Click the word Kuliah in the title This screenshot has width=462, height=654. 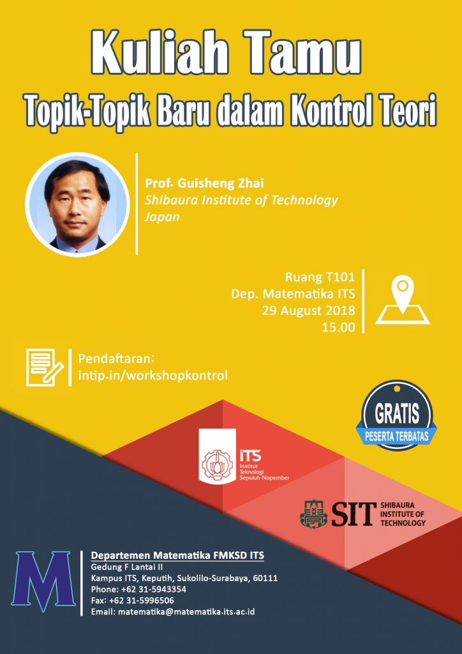pos(159,54)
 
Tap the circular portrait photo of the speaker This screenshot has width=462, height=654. pos(77,204)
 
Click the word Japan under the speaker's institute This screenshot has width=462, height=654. pos(162,217)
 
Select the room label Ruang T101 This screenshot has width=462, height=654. pos(320,277)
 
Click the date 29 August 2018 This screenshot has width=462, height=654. pos(309,311)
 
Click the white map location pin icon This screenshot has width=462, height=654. pos(403,300)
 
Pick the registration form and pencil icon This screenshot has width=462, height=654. pos(45,367)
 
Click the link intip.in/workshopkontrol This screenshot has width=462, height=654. pos(153,376)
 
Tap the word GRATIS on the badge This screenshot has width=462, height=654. pos(397,413)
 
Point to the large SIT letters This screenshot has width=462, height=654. pos(351,514)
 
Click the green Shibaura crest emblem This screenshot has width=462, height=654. pos(314,514)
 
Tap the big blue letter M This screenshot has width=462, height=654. pos(43,581)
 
